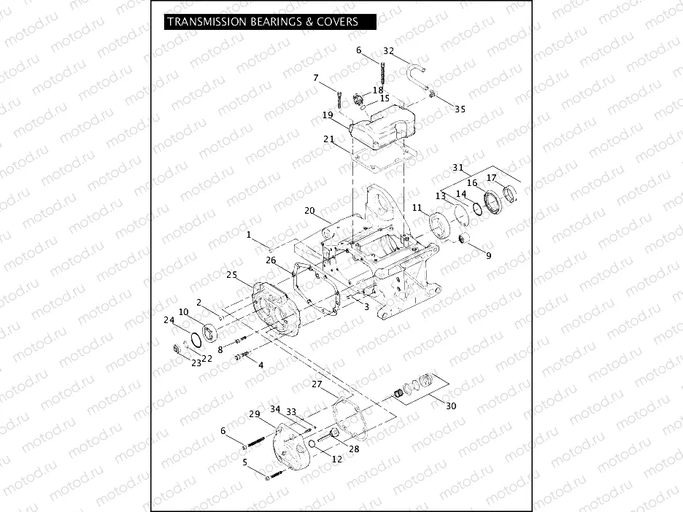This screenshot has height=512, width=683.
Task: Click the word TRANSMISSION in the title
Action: click(x=206, y=22)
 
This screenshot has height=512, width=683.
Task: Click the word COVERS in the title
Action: click(x=337, y=22)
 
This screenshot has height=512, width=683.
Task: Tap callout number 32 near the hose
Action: click(x=388, y=51)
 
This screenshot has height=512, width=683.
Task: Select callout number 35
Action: click(x=460, y=109)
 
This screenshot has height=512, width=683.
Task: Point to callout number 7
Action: click(x=317, y=78)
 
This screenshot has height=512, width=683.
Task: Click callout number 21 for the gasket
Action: click(x=328, y=139)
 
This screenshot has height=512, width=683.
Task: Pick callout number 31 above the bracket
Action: click(x=458, y=168)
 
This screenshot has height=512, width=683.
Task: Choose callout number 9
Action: click(x=488, y=255)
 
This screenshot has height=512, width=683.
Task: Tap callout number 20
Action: click(x=309, y=211)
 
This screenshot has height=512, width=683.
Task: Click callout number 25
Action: click(x=232, y=275)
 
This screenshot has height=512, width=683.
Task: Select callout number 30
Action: click(x=451, y=406)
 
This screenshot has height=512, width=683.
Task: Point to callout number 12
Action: click(x=336, y=459)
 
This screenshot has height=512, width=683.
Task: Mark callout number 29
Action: click(x=255, y=414)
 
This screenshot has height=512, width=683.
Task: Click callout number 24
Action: click(x=169, y=319)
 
